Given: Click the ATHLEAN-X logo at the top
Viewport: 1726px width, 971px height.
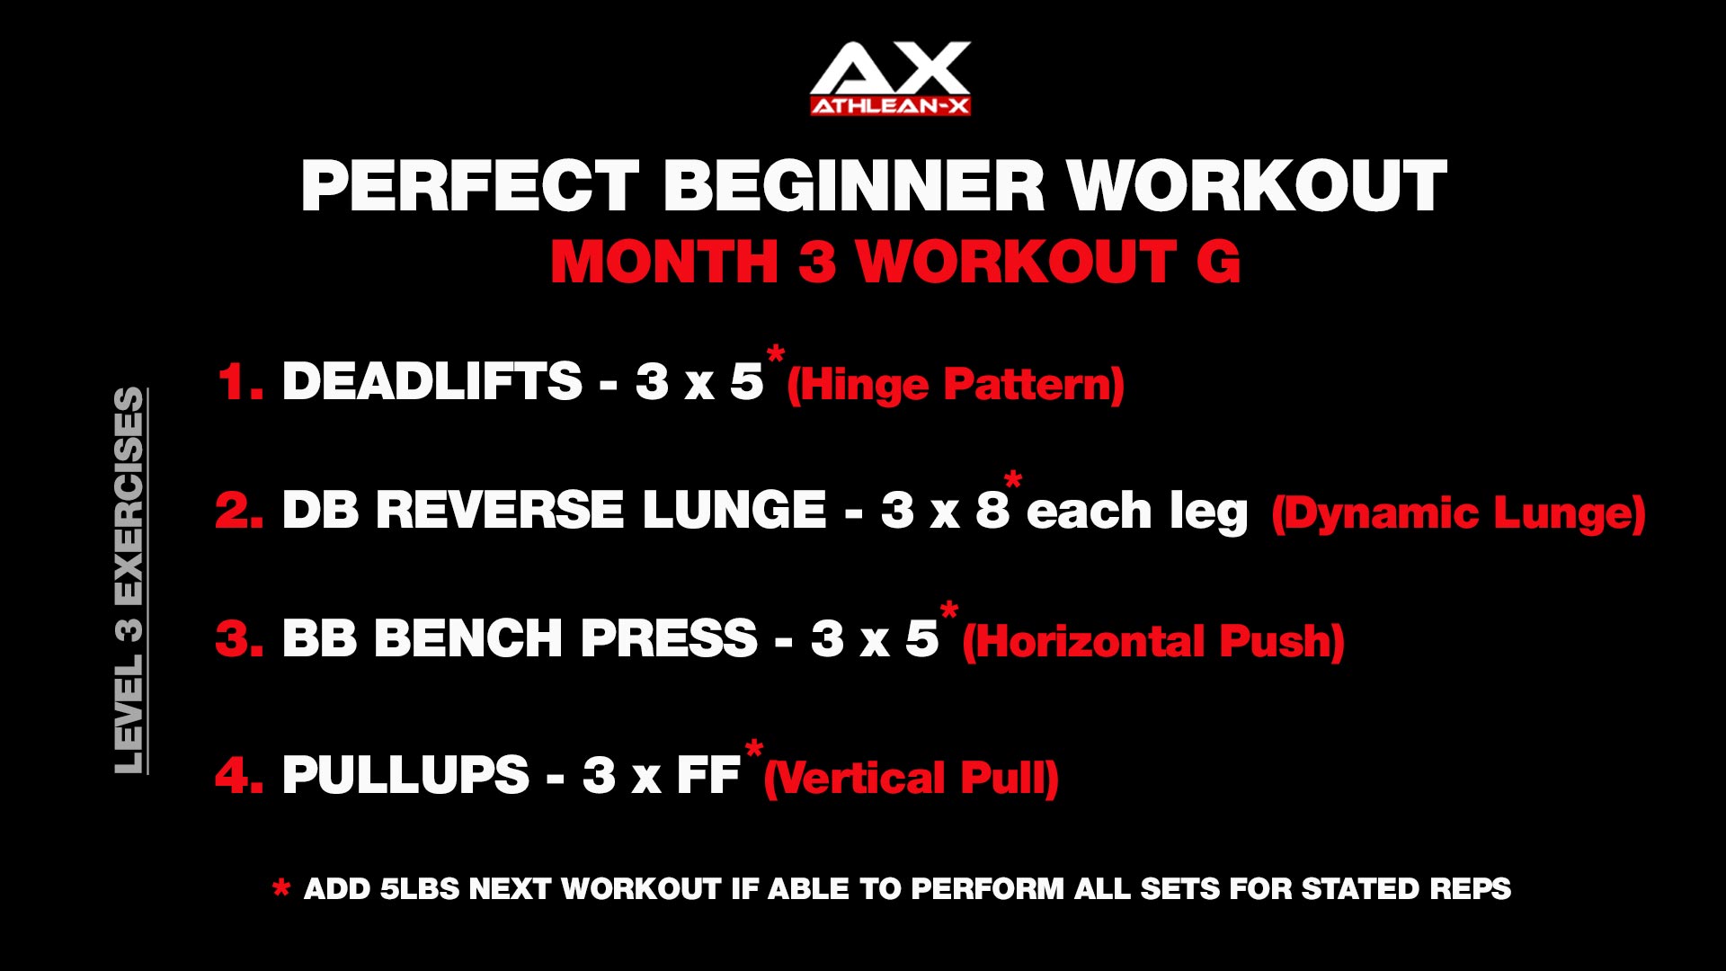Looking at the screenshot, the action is pos(890,78).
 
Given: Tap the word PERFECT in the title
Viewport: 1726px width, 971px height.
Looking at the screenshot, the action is pos(470,186).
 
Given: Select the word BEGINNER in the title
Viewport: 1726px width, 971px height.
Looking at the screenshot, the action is pos(854,186).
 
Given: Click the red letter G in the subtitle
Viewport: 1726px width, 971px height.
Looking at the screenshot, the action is pos(1218,262).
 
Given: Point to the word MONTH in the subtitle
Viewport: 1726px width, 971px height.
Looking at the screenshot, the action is pos(664,262).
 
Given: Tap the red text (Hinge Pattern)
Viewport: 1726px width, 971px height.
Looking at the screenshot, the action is pos(956,385).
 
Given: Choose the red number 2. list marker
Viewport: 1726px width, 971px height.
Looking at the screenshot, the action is pos(239,510).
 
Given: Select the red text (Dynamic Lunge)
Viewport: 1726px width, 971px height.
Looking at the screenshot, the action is pos(1458,513).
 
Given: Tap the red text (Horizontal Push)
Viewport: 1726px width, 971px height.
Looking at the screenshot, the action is pos(1153,642).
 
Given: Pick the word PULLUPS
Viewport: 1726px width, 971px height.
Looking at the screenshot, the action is pos(406,774).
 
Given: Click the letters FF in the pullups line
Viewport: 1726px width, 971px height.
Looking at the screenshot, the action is pos(708,774).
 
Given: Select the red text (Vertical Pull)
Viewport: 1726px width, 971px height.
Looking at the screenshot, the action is pos(912,779).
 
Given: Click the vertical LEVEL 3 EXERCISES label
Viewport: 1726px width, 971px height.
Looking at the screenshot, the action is pos(129,580).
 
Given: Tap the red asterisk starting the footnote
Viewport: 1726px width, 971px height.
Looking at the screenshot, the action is pos(281,889).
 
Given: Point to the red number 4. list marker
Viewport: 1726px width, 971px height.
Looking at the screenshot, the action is pos(239,774).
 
